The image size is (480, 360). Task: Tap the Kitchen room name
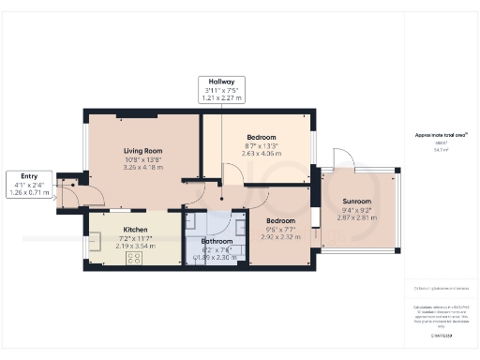(136, 228)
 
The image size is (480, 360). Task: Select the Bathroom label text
(217, 241)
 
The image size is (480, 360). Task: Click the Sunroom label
(356, 202)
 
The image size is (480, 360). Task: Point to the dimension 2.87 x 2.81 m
(356, 217)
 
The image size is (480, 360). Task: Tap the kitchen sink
(96, 244)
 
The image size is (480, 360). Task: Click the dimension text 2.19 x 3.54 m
(136, 246)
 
